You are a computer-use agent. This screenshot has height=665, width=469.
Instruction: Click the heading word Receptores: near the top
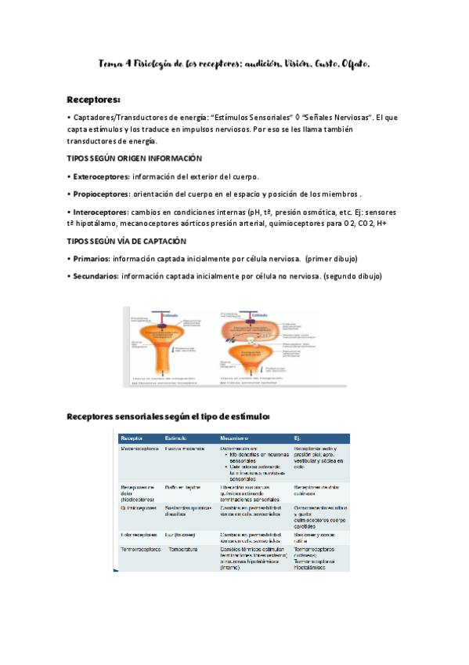click(x=93, y=100)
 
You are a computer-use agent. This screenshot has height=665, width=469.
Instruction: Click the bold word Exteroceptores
click(x=100, y=176)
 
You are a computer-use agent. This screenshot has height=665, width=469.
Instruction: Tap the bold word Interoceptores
click(x=99, y=213)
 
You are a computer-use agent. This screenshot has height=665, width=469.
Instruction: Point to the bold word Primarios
click(x=89, y=258)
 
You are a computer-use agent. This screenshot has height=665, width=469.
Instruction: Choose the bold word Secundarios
click(x=95, y=276)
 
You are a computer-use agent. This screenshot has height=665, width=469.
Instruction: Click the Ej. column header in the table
click(x=298, y=437)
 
